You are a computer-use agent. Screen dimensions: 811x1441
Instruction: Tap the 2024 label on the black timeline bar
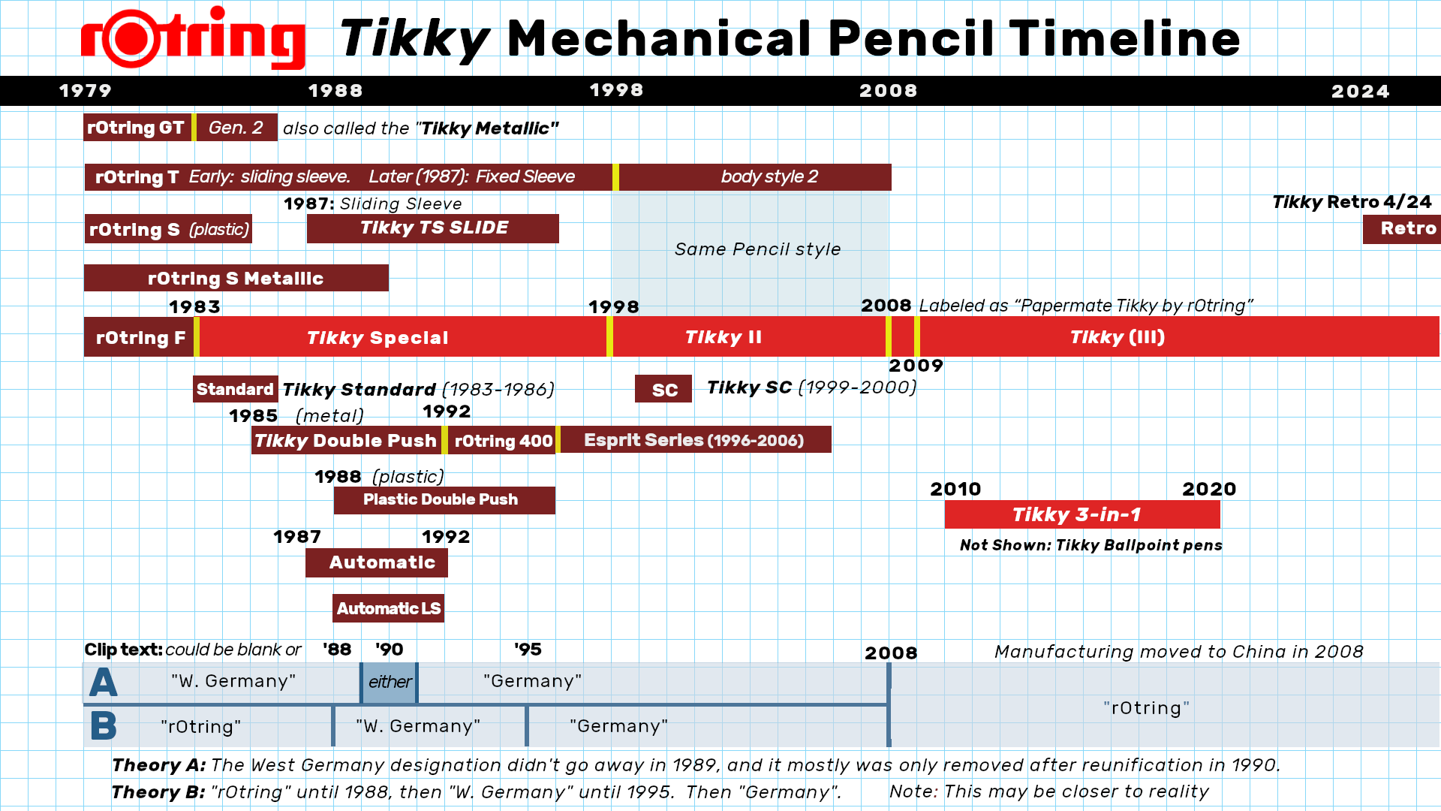(1360, 92)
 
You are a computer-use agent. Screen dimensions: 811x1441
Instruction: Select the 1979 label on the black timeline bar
(86, 91)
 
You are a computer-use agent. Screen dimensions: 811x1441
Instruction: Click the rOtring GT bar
(137, 128)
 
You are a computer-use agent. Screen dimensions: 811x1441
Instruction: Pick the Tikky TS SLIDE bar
(433, 228)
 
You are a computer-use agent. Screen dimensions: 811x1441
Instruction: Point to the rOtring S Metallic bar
(236, 279)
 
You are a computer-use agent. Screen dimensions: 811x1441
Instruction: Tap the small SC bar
(663, 390)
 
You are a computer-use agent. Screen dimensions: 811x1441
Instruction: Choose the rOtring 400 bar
(502, 441)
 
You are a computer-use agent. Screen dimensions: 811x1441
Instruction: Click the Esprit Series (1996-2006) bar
(694, 440)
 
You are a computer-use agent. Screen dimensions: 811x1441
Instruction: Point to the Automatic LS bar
(388, 608)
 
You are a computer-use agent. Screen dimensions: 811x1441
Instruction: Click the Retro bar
(1402, 229)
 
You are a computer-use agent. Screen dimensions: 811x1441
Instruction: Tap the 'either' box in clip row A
(389, 682)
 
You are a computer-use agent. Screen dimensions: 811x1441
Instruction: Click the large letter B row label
(104, 727)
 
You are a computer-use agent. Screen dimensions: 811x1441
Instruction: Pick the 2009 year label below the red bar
(916, 366)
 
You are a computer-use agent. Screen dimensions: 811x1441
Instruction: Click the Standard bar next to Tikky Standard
(235, 389)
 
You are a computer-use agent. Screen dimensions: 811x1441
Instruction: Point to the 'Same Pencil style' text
(757, 249)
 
